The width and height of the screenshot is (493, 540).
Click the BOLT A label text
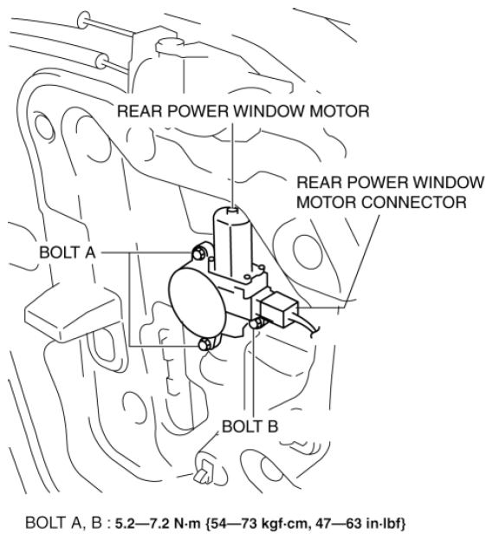click(x=67, y=252)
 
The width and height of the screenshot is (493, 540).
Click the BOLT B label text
click(x=250, y=426)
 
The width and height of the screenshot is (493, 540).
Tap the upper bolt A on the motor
click(x=198, y=255)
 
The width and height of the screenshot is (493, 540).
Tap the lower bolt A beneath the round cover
click(x=204, y=344)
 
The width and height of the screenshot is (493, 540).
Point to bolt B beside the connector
click(x=256, y=323)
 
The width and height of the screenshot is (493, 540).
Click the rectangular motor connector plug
click(x=279, y=309)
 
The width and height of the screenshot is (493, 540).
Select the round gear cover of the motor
click(x=198, y=304)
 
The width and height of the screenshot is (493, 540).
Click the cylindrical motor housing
click(x=233, y=241)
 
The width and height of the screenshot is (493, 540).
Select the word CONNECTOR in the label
click(x=413, y=202)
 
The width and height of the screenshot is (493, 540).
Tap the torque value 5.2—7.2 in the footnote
click(x=143, y=524)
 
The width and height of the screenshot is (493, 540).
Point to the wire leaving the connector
click(x=307, y=326)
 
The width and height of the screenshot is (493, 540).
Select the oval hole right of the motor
click(x=308, y=251)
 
